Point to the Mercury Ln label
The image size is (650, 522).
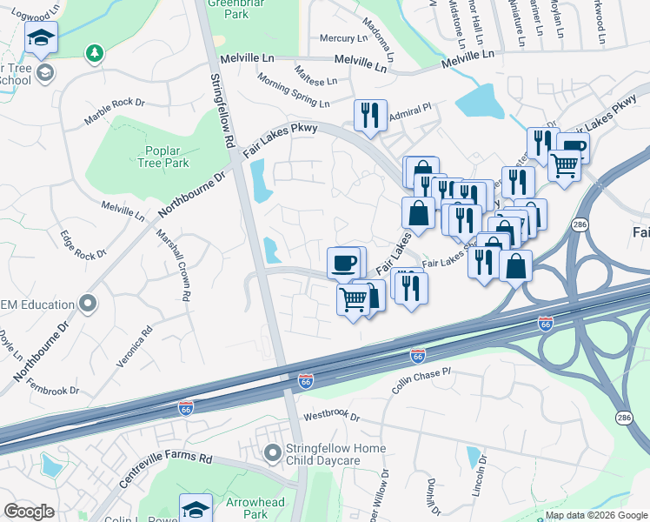point(344,38)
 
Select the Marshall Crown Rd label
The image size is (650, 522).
point(171,265)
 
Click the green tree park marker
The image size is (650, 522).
point(93,54)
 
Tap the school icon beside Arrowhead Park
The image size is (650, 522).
point(196,509)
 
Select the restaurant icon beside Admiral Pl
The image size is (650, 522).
point(370,115)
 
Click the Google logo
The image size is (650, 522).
point(29,512)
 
